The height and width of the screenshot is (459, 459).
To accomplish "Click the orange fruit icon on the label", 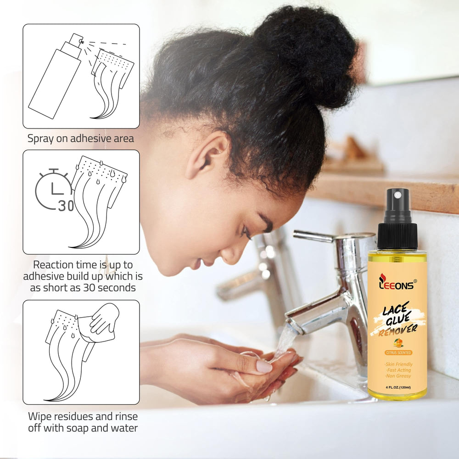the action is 398,342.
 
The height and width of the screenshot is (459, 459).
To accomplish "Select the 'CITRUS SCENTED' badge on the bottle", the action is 398,353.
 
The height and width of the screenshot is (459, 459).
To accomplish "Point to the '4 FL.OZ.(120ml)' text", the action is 398,387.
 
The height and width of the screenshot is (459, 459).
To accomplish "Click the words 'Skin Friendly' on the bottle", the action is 399,364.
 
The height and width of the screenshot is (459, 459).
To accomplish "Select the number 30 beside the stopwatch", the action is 66,206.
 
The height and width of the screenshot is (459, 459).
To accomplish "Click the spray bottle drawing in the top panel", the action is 56,76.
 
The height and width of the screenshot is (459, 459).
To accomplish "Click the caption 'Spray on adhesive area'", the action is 81,139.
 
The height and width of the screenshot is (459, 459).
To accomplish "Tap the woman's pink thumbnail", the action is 264,366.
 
